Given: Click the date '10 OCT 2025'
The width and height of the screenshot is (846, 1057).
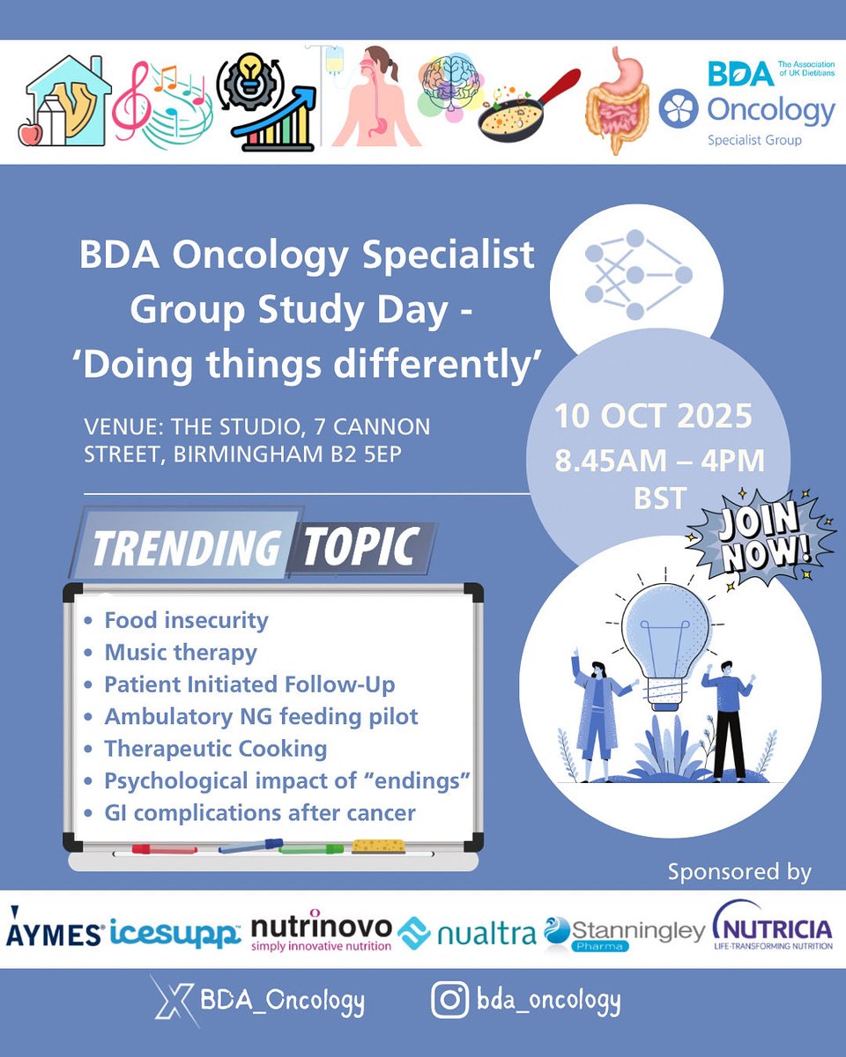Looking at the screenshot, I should click(653, 416).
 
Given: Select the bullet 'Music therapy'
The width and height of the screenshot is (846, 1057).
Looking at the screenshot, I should click(181, 653).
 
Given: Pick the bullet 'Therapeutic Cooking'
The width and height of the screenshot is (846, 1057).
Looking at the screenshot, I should click(216, 749).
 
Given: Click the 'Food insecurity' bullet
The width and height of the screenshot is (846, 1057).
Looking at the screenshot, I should click(186, 620).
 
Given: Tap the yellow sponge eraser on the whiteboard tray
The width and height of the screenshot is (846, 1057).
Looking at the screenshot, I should click(379, 846).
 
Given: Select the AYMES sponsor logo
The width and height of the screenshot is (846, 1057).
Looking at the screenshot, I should click(55, 933).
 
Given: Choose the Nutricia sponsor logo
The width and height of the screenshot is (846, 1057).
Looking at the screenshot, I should click(773, 928).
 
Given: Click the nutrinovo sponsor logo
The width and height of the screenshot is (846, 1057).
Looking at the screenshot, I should click(321, 932).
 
